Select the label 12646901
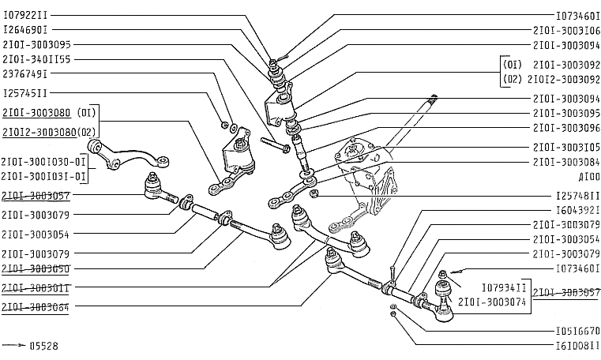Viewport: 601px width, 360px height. point(25,30)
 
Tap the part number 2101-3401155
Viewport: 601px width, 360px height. point(36,59)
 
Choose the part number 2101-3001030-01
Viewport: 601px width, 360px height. point(43,161)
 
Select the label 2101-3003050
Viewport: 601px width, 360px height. point(36,269)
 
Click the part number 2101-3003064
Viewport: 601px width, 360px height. point(36,308)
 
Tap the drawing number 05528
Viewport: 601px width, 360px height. point(43,346)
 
